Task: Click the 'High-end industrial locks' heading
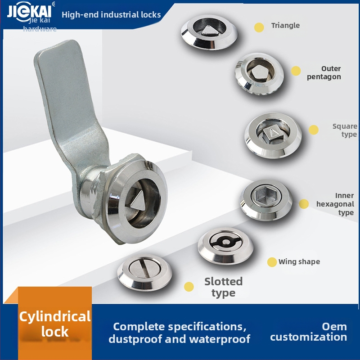pos(111,15)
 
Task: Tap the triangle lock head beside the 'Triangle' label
pos(209,31)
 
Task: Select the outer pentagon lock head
pos(259,74)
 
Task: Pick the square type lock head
pos(273,135)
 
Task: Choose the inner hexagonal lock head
pos(266,199)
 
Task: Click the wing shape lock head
pos(226,246)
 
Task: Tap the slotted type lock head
pos(144,272)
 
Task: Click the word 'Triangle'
pos(285,25)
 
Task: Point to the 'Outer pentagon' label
pos(324,72)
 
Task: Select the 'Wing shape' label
pos(299,262)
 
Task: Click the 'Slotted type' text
pos(223,287)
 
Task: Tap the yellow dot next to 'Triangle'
pos(259,27)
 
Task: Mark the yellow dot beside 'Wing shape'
pos(272,262)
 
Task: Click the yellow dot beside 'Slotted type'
pos(189,287)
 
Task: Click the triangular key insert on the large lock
pos(137,200)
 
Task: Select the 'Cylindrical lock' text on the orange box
pos(55,324)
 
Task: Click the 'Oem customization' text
pos(309,332)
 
